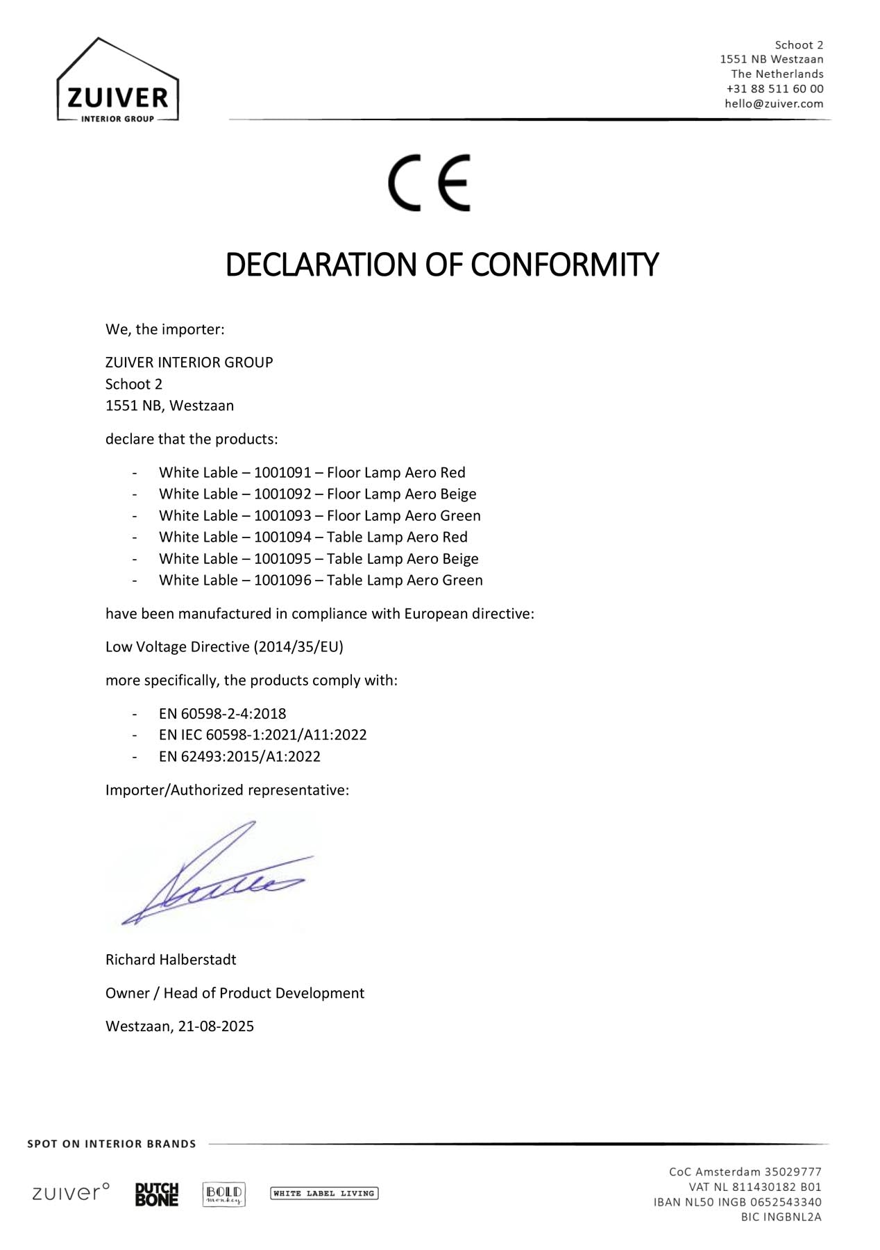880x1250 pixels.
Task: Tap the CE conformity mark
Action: tap(429, 183)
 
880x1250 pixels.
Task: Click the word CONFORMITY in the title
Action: tap(564, 265)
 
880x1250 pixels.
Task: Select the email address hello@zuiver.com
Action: tap(774, 103)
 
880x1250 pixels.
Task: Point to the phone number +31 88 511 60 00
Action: tap(775, 89)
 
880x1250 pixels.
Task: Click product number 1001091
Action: tap(282, 473)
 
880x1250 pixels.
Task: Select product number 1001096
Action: tap(282, 581)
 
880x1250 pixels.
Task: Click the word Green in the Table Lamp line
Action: tap(463, 581)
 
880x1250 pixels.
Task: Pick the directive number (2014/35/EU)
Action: tap(298, 647)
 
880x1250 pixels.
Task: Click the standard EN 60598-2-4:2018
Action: tap(222, 714)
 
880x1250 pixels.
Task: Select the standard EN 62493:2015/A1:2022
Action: tap(239, 757)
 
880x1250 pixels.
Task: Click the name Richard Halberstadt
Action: tap(171, 960)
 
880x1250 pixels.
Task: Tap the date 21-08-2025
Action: tap(216, 1026)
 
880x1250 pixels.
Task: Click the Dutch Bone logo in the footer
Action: tap(157, 1194)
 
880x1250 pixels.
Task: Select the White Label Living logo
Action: tap(324, 1194)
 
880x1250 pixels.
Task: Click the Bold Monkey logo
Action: tap(223, 1194)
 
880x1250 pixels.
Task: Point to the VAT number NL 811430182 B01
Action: tap(755, 1187)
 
